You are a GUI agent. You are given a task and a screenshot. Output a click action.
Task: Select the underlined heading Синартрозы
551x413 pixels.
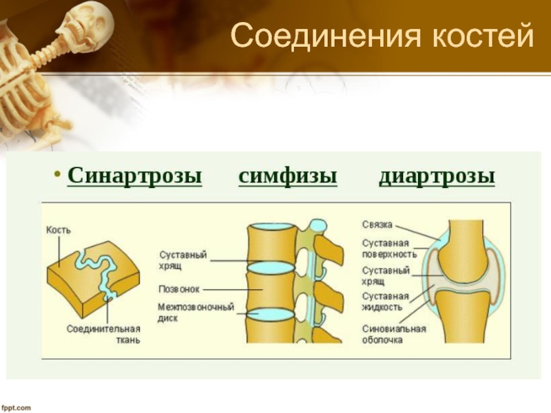coord(135,176)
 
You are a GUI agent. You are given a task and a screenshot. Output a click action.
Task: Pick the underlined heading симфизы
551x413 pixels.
coord(288,176)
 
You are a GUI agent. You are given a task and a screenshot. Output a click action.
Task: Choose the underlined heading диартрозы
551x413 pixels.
coord(437,176)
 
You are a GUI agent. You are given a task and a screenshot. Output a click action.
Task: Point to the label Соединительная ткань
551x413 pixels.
coord(103,334)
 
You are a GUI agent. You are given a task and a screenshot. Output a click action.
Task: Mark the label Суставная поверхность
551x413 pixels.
coord(386,248)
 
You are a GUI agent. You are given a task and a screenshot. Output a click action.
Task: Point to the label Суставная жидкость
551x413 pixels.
coord(386,301)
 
